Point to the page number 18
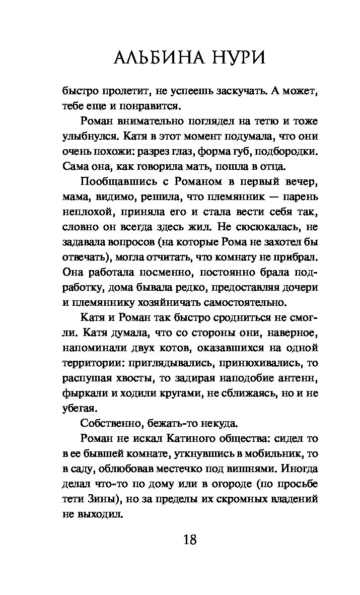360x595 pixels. tap(189, 540)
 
